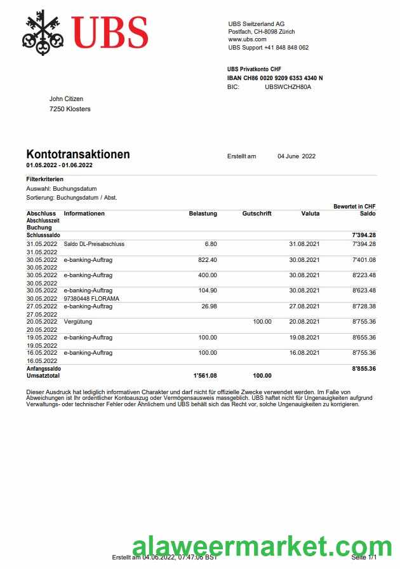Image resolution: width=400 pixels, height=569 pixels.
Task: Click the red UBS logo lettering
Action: (x=109, y=32)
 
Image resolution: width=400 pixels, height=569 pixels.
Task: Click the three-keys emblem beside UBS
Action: (x=43, y=32)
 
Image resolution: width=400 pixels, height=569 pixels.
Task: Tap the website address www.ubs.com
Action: (x=247, y=39)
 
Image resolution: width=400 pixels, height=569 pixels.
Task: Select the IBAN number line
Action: (x=275, y=78)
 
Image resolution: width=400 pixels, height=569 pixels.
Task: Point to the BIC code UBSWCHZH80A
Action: (x=288, y=87)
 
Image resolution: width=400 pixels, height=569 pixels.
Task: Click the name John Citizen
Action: (x=67, y=99)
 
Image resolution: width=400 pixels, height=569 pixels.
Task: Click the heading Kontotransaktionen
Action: (x=78, y=154)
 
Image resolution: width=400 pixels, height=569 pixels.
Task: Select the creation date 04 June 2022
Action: (x=297, y=156)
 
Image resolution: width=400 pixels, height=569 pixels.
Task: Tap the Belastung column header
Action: (x=203, y=214)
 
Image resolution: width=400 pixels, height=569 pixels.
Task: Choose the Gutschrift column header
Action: (x=257, y=214)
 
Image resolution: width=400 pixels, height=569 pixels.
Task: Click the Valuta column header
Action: (x=310, y=214)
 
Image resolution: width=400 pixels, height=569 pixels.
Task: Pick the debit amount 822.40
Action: (x=208, y=259)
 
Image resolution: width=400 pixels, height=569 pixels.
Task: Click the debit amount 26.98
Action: (x=209, y=306)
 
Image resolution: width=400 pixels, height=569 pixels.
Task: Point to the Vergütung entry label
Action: (x=78, y=322)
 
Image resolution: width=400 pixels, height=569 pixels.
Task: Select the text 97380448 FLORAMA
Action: (x=91, y=298)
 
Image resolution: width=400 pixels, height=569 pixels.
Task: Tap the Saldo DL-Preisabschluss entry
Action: (x=94, y=244)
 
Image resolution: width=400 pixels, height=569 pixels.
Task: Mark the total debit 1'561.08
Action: (x=205, y=376)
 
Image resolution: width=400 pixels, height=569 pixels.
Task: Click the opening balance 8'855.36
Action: (x=363, y=368)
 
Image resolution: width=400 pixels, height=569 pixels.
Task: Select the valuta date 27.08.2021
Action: (x=304, y=306)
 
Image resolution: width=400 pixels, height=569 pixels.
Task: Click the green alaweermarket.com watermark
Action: (x=262, y=547)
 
